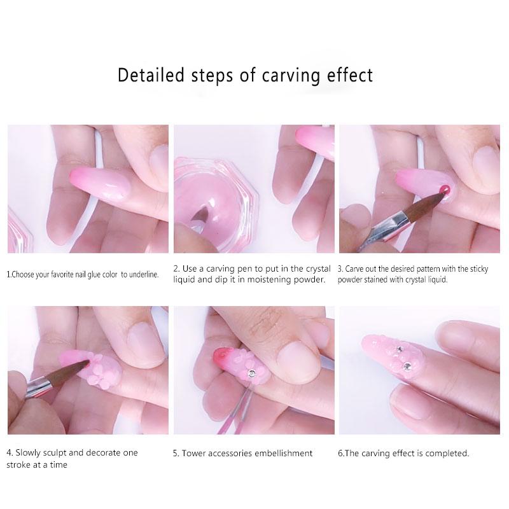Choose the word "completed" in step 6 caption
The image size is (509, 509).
[448, 454]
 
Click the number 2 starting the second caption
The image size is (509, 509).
[176, 269]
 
